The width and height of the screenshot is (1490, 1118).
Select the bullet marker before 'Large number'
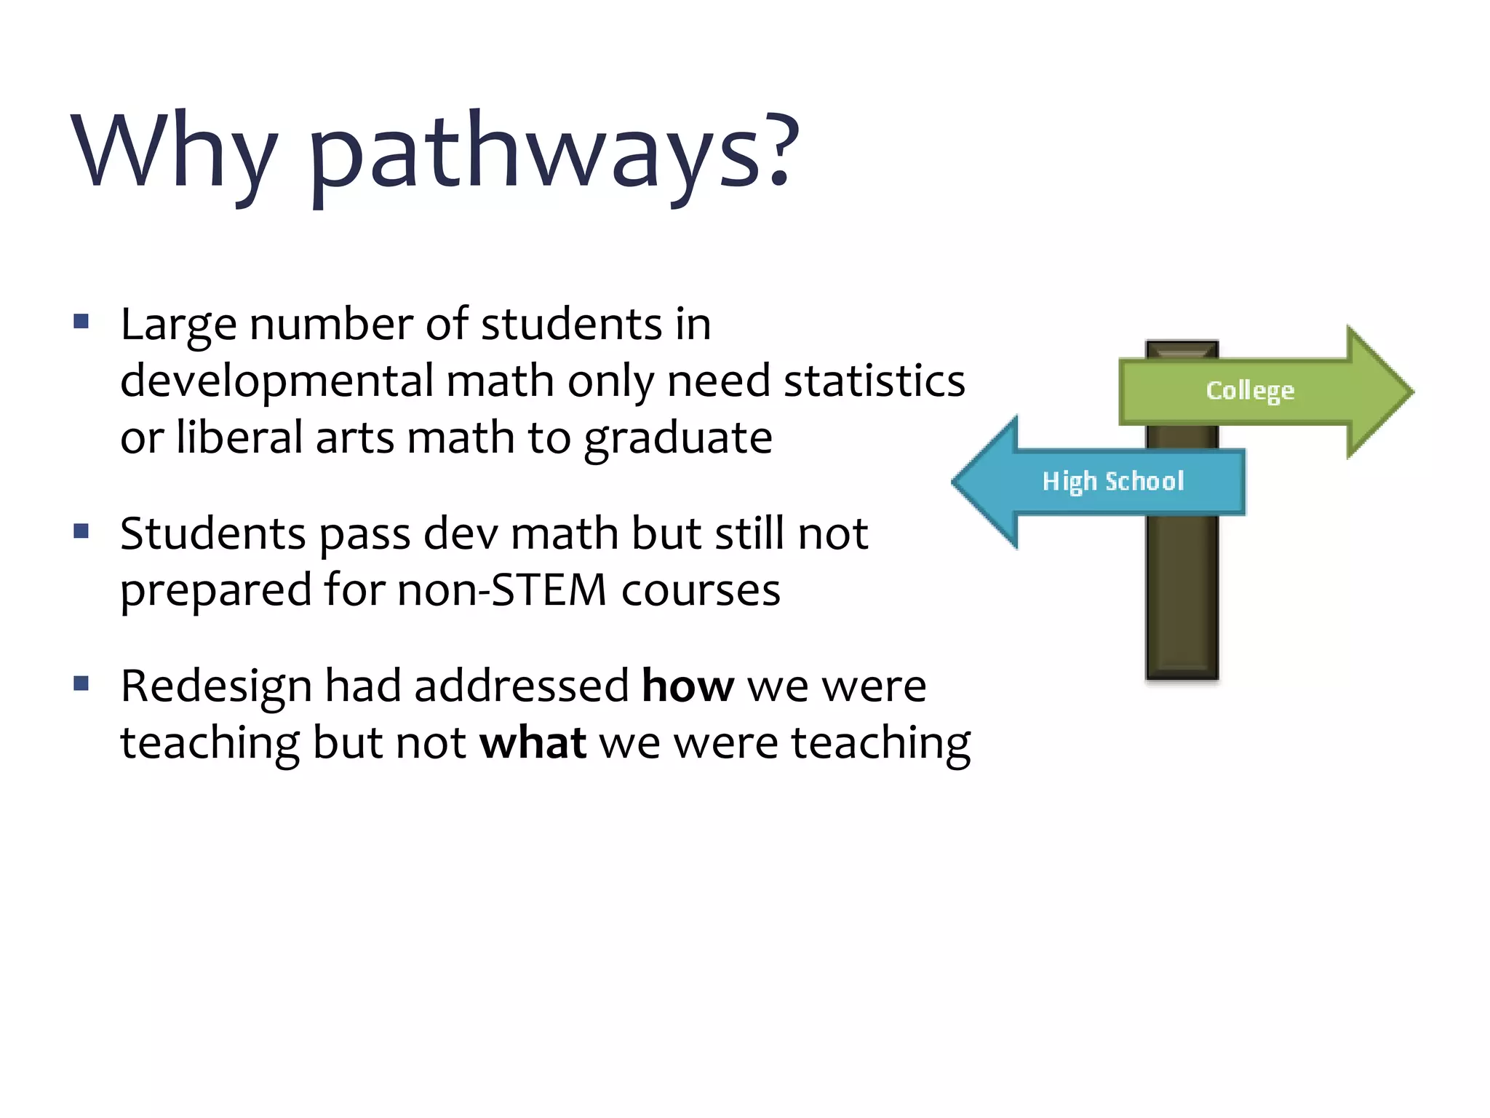point(81,321)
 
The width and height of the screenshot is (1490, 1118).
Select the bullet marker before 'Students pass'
point(81,531)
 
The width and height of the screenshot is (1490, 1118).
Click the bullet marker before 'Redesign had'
point(81,683)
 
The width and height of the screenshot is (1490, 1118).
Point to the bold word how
point(688,686)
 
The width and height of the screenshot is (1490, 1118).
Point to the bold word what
point(533,743)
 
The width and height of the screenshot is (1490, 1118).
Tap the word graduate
point(678,439)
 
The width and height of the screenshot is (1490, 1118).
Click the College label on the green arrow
point(1250,391)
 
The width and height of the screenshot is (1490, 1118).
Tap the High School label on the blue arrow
point(1113,481)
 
